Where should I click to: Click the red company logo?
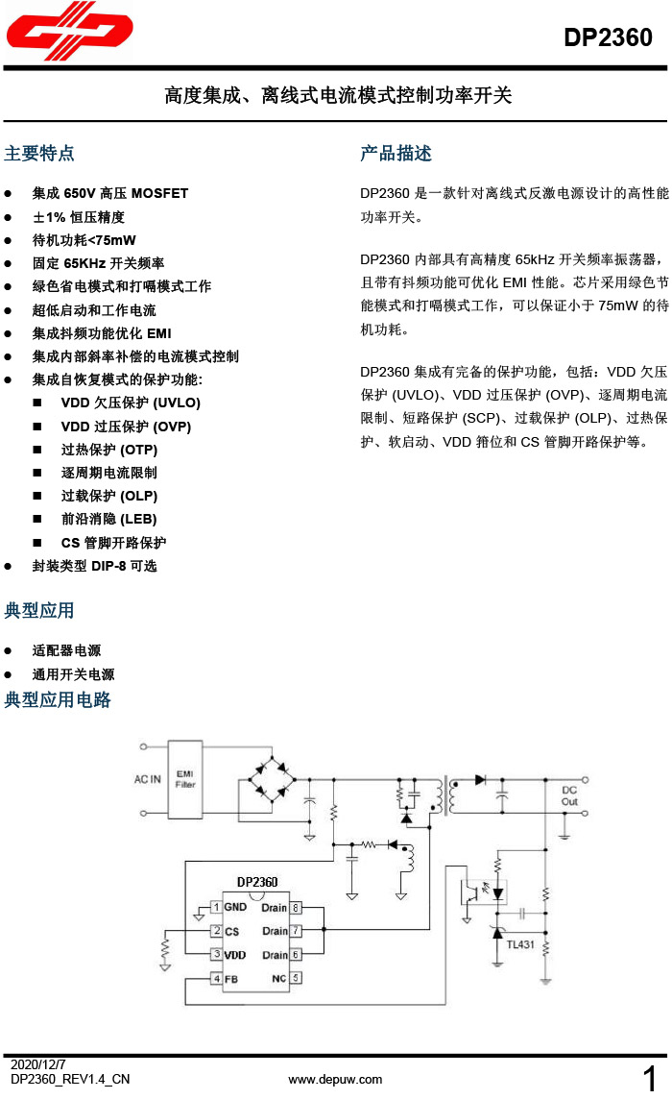[68, 36]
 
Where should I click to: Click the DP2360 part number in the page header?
[608, 38]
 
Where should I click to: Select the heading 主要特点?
[39, 154]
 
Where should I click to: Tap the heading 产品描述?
[396, 154]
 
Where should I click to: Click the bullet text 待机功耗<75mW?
[84, 240]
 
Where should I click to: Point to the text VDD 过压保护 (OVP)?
[126, 427]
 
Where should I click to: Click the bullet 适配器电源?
[66, 650]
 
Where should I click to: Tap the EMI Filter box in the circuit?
[185, 778]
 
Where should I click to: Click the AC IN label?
[147, 779]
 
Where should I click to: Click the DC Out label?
[569, 795]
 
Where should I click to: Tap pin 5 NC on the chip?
[287, 979]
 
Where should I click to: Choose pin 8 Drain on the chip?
[282, 907]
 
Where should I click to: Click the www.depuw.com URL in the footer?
[335, 1080]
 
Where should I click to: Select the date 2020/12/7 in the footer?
[38, 1065]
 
